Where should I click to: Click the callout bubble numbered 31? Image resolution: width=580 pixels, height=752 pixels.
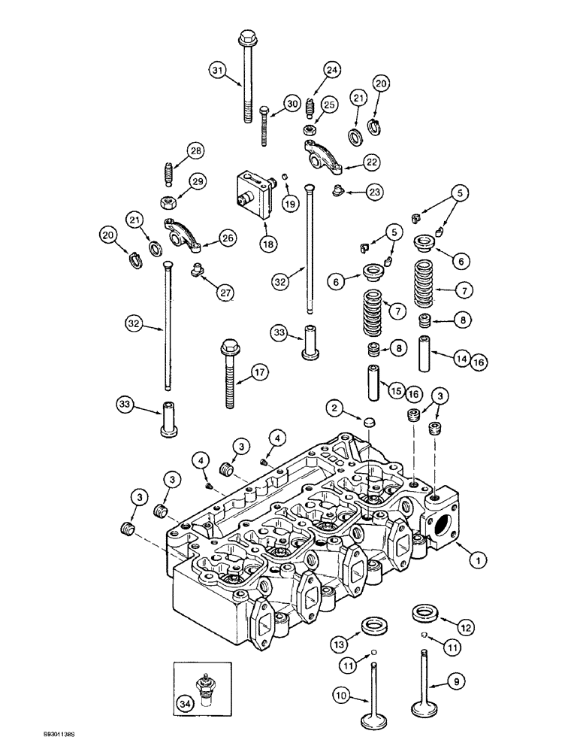[218, 71]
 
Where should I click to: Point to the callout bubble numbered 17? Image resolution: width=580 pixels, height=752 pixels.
[259, 371]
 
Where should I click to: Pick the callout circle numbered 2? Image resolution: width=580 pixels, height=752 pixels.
[335, 408]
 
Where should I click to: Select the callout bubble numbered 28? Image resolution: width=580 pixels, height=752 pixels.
[195, 152]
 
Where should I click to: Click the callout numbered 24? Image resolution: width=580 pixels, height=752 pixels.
[331, 69]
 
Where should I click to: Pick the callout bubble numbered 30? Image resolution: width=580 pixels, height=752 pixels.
[292, 104]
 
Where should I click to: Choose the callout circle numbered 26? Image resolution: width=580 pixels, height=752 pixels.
[227, 238]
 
